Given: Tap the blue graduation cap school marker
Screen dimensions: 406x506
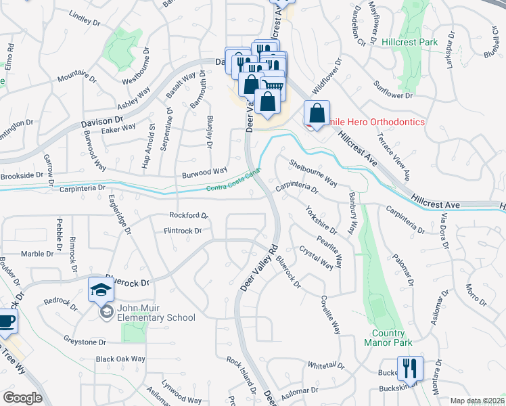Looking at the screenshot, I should [101, 290].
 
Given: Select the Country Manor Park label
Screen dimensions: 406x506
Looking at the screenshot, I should [388, 338].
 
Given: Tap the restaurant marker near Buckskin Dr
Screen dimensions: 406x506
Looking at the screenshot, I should [410, 369].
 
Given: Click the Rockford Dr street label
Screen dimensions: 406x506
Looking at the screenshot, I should [189, 216].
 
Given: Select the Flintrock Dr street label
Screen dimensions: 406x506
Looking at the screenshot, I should [183, 231].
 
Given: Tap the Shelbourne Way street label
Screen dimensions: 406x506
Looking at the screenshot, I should [314, 173].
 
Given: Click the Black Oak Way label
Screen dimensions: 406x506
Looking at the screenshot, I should [120, 359].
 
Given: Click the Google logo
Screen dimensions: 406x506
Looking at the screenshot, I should [22, 397].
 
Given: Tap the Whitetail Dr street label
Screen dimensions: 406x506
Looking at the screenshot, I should [326, 365].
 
